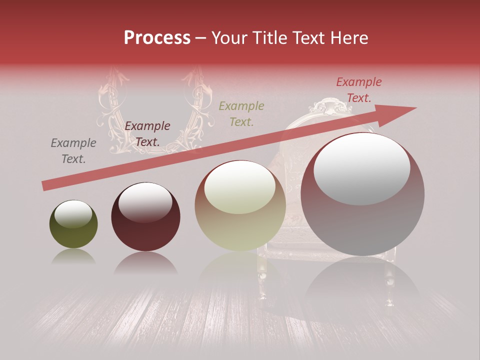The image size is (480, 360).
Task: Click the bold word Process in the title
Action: (x=157, y=38)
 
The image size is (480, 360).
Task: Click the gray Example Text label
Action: (x=73, y=151)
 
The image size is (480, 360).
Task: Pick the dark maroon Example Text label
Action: (x=147, y=134)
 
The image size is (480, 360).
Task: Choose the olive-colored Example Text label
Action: (x=241, y=113)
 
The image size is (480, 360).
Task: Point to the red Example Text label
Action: (x=358, y=90)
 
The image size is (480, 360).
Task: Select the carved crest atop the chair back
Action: (x=330, y=105)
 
